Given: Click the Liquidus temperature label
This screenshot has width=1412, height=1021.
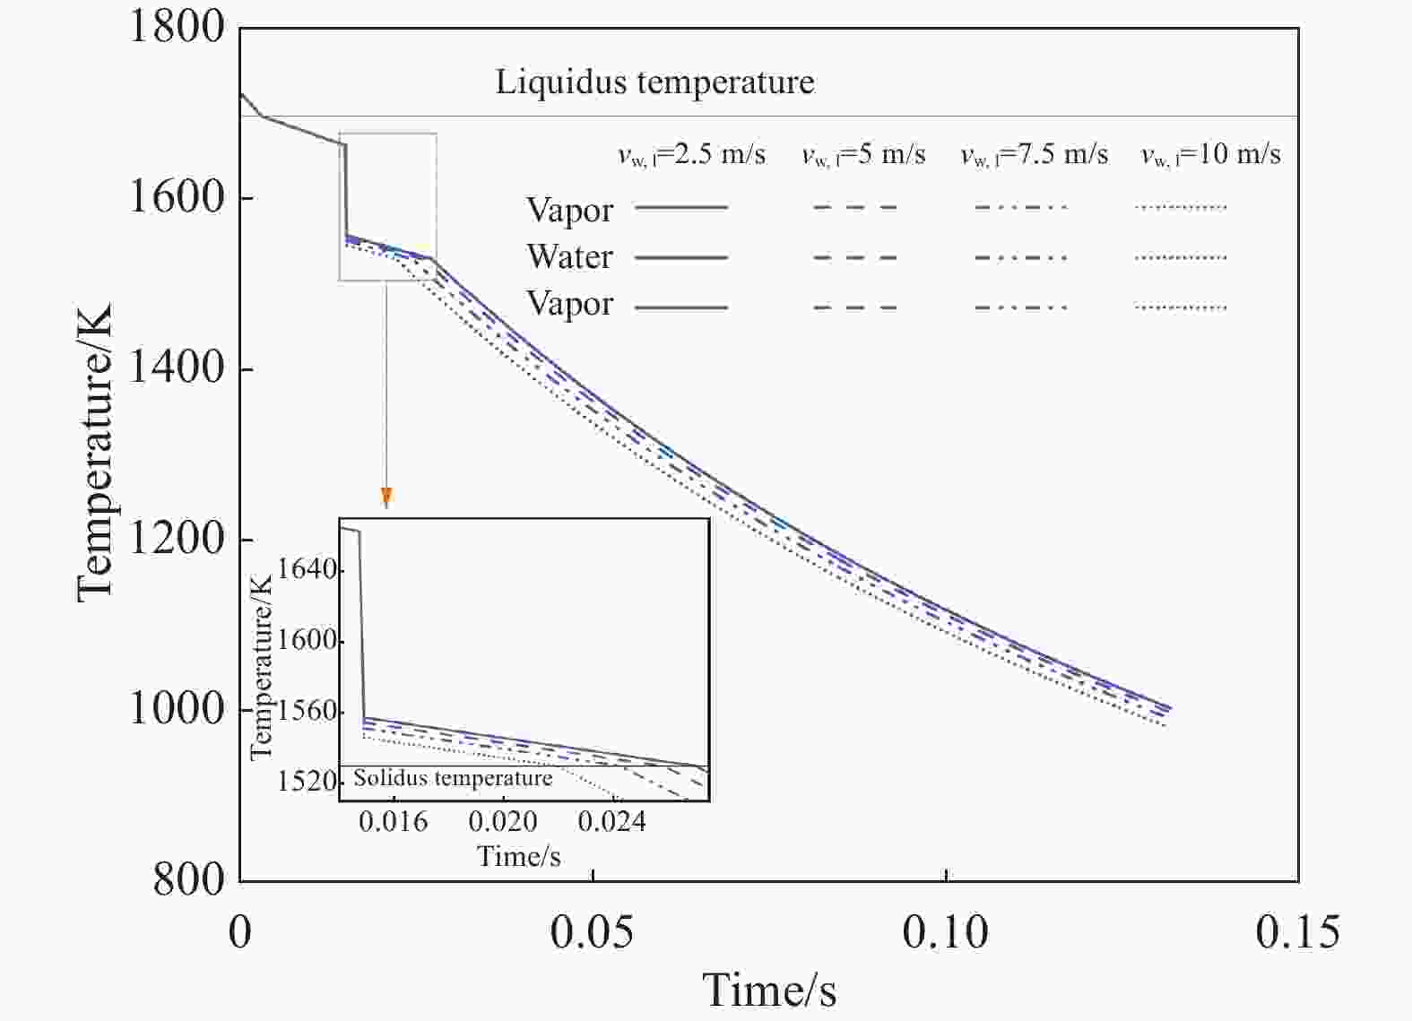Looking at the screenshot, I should pos(654,82).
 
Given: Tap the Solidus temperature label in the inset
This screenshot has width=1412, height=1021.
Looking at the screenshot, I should pos(453,778).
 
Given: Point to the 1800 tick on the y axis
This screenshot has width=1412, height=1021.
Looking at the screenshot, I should pos(177,26).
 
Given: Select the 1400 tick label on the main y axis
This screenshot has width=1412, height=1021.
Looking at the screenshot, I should pos(177,368).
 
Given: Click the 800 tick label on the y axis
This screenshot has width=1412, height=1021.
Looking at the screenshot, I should pos(188,879).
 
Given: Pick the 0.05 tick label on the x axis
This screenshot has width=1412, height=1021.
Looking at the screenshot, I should pos(592,933).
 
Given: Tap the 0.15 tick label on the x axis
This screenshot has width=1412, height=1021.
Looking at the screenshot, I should pos(1297,933).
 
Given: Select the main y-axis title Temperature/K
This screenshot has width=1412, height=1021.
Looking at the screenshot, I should pos(95,453).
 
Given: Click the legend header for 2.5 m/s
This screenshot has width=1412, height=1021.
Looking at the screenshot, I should pos(691,155).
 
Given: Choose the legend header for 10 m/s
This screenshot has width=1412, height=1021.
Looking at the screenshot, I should pos(1210,155).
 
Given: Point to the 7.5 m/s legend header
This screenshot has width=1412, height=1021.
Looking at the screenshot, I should pos(1034,155).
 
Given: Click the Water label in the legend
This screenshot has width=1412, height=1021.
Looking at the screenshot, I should pos(569,257).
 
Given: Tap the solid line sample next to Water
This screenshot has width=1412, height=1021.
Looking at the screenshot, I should pos(681,257).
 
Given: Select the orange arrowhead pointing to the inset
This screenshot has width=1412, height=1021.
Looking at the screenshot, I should pos(386,498).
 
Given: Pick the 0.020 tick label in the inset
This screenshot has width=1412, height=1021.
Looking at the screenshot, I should pos(503,822).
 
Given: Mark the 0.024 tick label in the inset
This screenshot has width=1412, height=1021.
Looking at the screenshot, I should pos(611,822).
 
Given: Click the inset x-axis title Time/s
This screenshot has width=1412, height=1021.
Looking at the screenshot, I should pos(519,856).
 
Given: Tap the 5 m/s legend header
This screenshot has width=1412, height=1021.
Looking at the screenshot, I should pos(863,155).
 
